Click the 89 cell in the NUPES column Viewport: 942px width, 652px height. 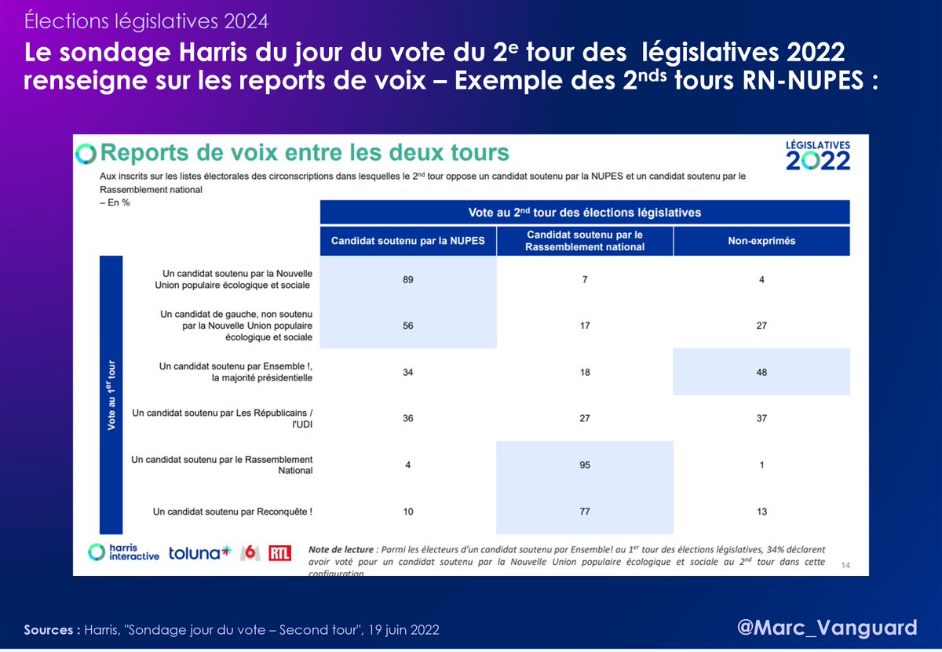pos(408,279)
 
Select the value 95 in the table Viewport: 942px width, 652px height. pos(585,464)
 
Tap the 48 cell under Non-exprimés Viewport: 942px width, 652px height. pos(761,371)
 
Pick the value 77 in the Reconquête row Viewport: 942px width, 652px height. pos(585,512)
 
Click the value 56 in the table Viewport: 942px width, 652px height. pos(408,325)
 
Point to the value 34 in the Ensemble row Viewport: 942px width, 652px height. pos(408,371)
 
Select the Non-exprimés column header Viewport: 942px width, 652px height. pos(761,241)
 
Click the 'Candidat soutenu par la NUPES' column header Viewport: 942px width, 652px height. pos(408,241)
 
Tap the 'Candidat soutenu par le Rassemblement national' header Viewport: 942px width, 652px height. pos(585,241)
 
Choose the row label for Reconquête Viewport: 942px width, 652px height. pos(232,512)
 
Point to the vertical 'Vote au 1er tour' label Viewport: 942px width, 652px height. pos(111,394)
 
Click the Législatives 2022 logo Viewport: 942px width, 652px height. pos(817,155)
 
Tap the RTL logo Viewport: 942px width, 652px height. pos(279,553)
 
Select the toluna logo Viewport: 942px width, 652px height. pos(200,553)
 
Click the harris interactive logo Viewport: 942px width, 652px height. pos(123,552)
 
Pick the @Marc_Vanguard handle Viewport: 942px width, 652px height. pos(827,628)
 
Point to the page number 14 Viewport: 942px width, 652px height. pos(845,565)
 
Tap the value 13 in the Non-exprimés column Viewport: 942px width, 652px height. pos(761,512)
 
